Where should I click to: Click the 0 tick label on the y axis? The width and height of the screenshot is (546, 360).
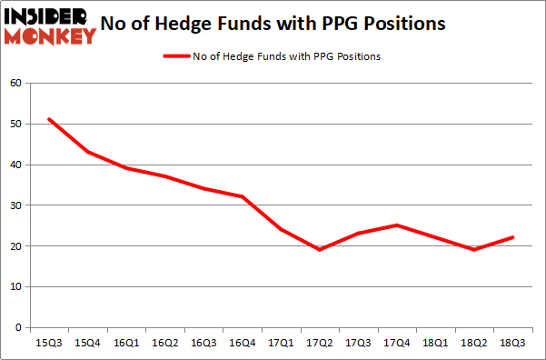18,327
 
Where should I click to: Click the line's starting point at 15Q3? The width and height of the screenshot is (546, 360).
50,119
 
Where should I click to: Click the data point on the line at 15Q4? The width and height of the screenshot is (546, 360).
88,152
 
